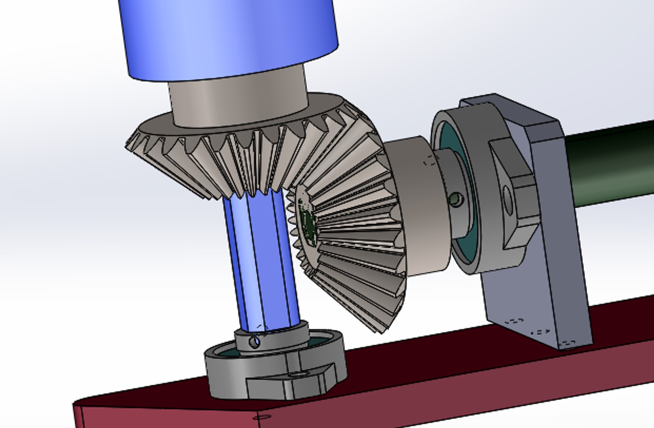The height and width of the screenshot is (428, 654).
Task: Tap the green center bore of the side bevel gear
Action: [308, 224]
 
